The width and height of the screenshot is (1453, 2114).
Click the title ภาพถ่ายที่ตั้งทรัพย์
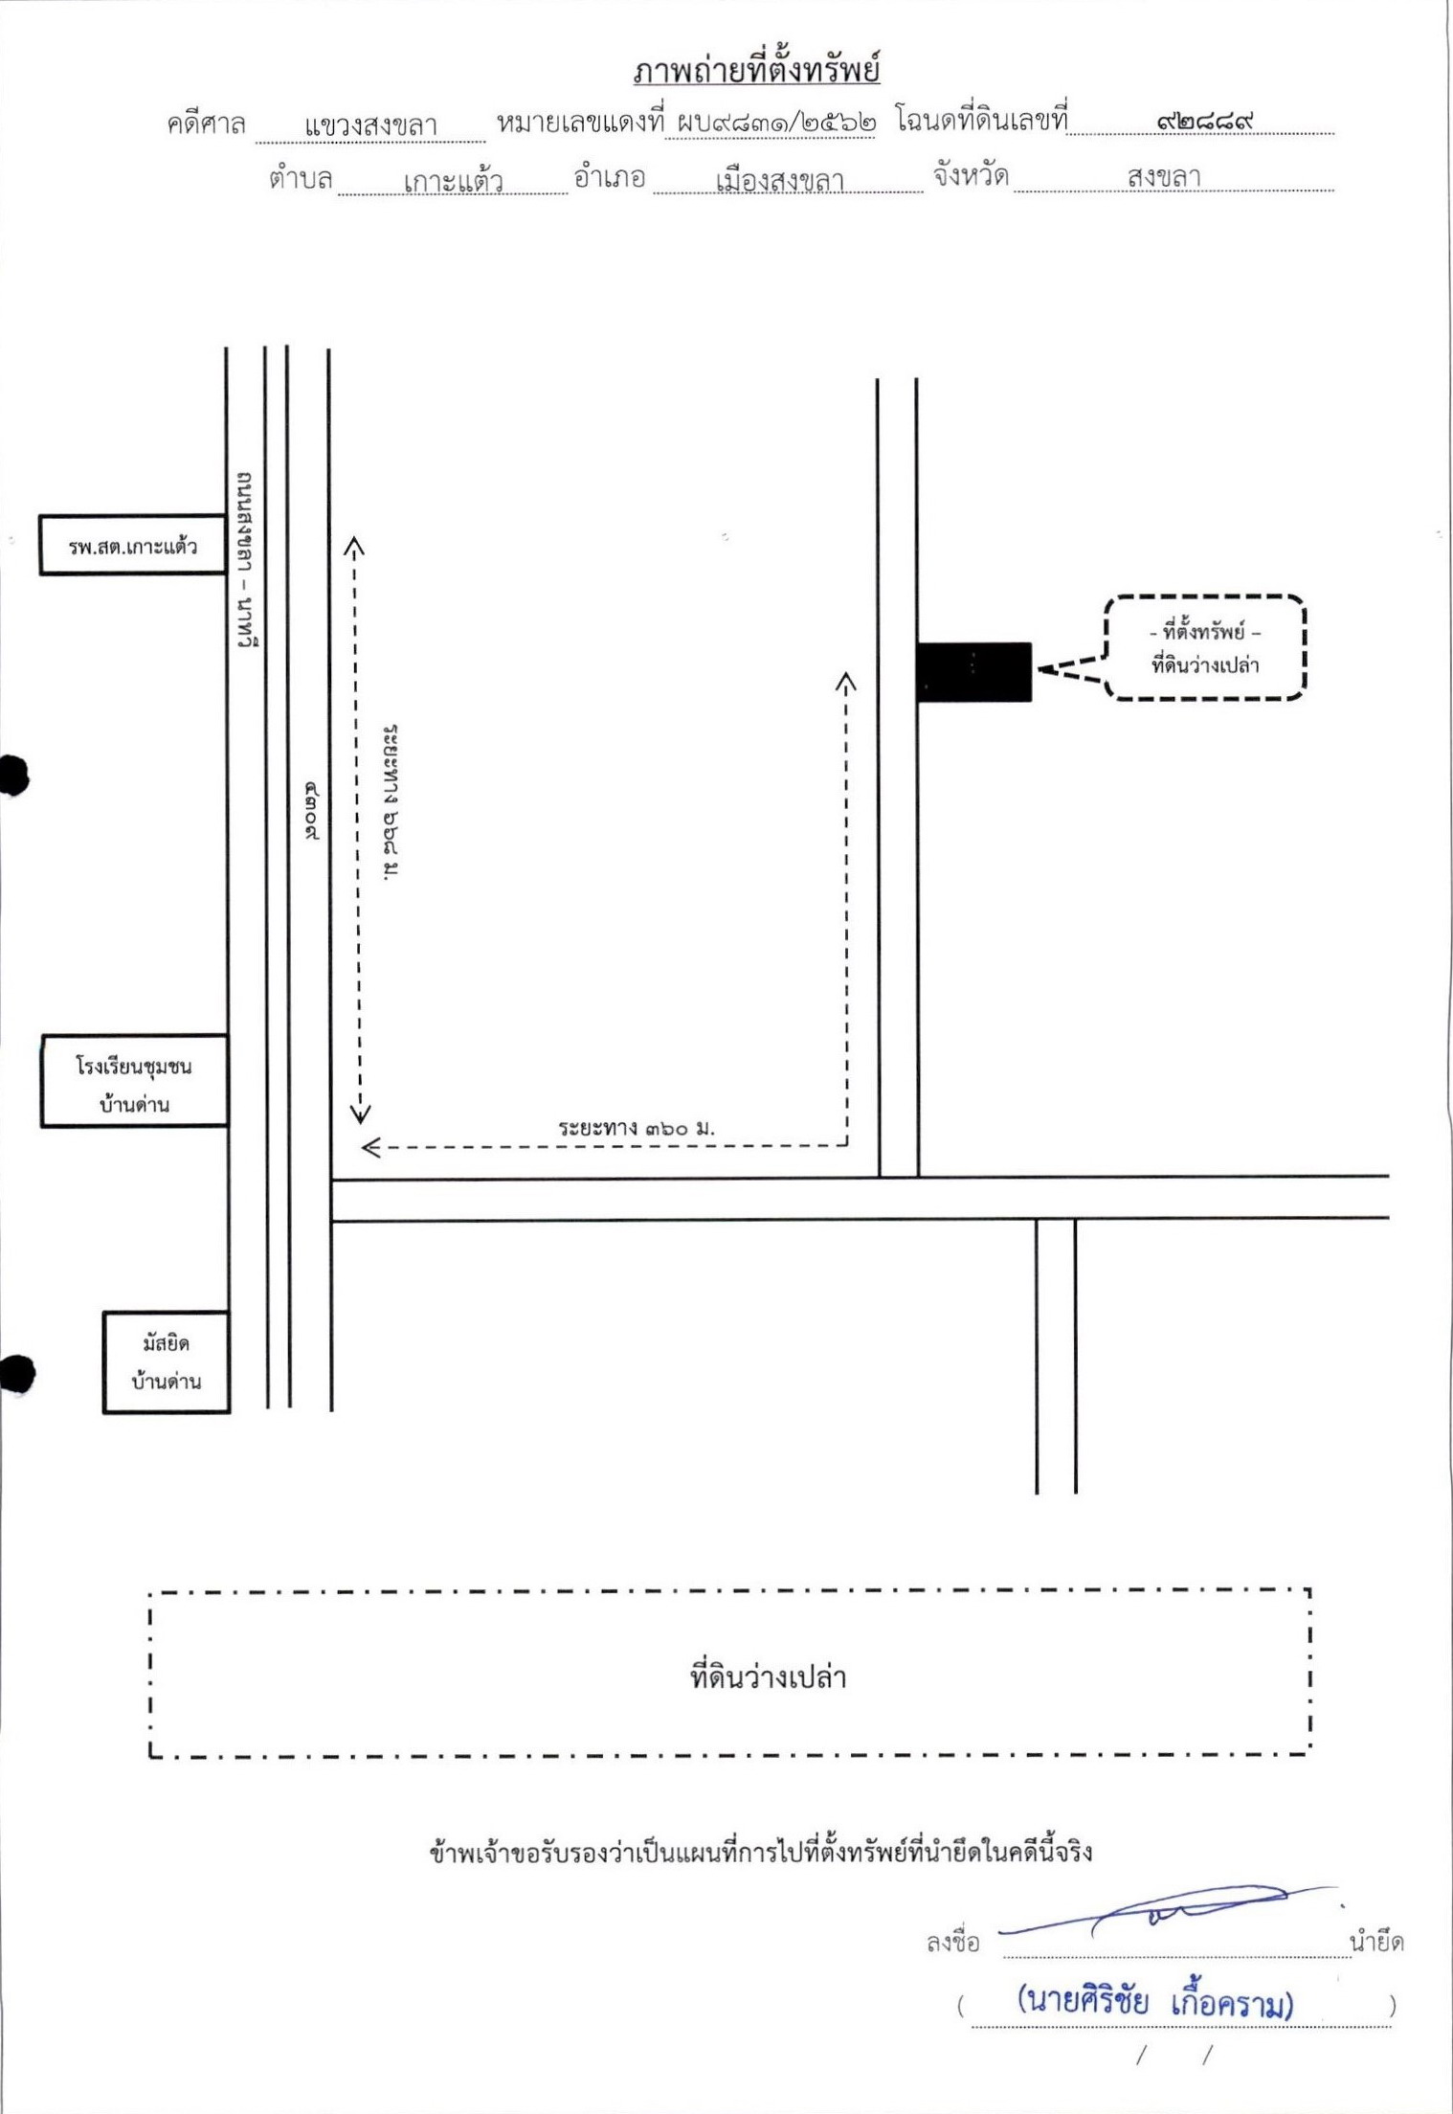click(756, 71)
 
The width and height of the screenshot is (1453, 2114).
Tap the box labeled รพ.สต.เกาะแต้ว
click(132, 545)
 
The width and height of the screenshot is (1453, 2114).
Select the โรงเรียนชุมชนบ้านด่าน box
click(134, 1081)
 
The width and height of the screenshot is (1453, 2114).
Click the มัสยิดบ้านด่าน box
click(167, 1361)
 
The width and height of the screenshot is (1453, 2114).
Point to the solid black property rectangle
click(974, 672)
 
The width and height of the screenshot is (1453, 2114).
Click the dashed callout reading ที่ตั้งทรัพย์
click(1205, 647)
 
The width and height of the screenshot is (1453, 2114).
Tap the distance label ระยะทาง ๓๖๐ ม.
click(637, 1128)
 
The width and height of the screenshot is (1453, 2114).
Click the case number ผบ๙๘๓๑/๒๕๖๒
click(776, 124)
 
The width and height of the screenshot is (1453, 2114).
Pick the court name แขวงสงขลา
click(370, 125)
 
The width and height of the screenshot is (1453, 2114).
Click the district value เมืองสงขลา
click(779, 180)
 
